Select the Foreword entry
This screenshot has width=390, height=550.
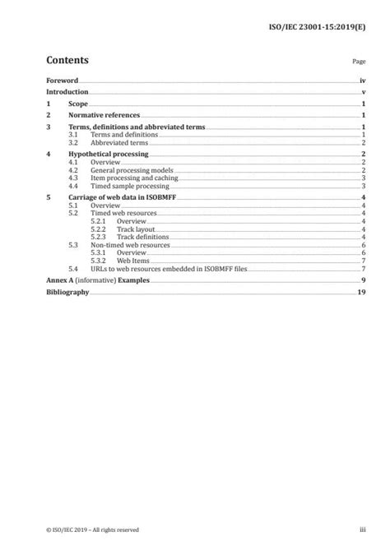point(62,81)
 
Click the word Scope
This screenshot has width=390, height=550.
point(79,106)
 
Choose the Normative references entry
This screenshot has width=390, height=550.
point(103,117)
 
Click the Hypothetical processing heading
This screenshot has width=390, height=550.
point(108,154)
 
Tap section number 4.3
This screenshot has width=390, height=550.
point(72,178)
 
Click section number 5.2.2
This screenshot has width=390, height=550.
point(98,229)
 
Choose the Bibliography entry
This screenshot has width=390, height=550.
point(67,293)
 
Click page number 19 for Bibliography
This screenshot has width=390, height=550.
point(361,293)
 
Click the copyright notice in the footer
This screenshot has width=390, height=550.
point(92,531)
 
